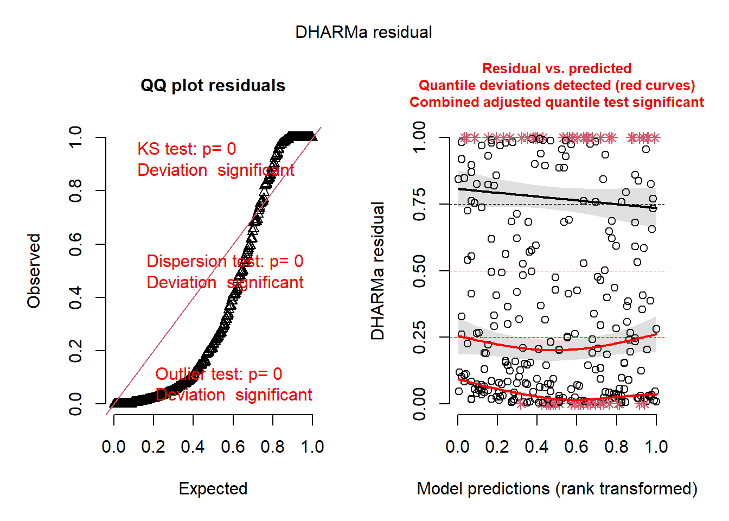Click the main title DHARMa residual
[363, 33]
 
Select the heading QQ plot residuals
[213, 86]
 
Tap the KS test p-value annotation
[187, 149]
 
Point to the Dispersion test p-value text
[225, 262]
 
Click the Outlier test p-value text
[219, 374]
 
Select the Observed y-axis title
[34, 271]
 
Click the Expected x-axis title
[213, 488]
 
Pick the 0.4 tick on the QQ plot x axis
[193, 447]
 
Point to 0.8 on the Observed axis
[76, 191]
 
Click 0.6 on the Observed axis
[76, 244]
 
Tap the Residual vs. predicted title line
[557, 68]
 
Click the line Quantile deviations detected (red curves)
[557, 85]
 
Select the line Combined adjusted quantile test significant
[557, 102]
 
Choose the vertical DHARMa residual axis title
[378, 271]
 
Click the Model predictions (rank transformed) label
[557, 488]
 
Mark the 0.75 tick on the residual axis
[419, 205]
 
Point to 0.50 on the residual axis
[419, 271]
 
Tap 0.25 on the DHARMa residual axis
[419, 338]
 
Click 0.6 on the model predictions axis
[577, 447]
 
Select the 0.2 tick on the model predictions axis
[497, 447]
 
